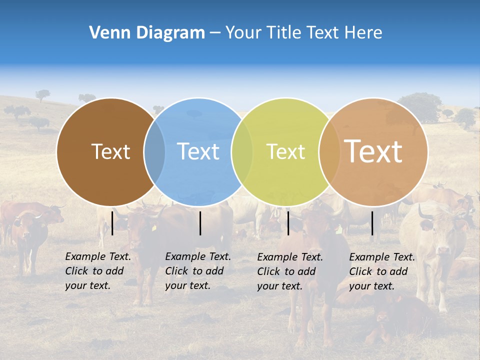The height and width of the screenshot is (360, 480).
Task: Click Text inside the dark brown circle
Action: (110, 151)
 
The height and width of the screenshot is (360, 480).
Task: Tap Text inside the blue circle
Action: (198, 151)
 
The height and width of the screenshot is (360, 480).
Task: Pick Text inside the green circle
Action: (285, 151)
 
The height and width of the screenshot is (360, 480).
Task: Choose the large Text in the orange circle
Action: (373, 151)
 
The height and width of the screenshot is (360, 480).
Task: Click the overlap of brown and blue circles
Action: (154, 151)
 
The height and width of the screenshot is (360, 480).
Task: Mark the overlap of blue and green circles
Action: (242, 151)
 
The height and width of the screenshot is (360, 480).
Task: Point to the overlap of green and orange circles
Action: (329, 151)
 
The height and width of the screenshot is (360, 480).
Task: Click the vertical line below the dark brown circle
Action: (112, 223)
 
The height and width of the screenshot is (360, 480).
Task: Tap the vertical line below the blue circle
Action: (200, 223)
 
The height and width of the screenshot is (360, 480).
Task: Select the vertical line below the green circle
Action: (288, 223)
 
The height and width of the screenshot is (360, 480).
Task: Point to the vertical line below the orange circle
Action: (372, 223)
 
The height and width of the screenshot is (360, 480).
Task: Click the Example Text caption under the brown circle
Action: (97, 271)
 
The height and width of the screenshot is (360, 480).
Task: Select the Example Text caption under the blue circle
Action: (197, 271)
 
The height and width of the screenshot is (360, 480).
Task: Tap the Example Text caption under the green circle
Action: (289, 271)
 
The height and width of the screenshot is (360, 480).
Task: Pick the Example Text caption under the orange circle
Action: (381, 271)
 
